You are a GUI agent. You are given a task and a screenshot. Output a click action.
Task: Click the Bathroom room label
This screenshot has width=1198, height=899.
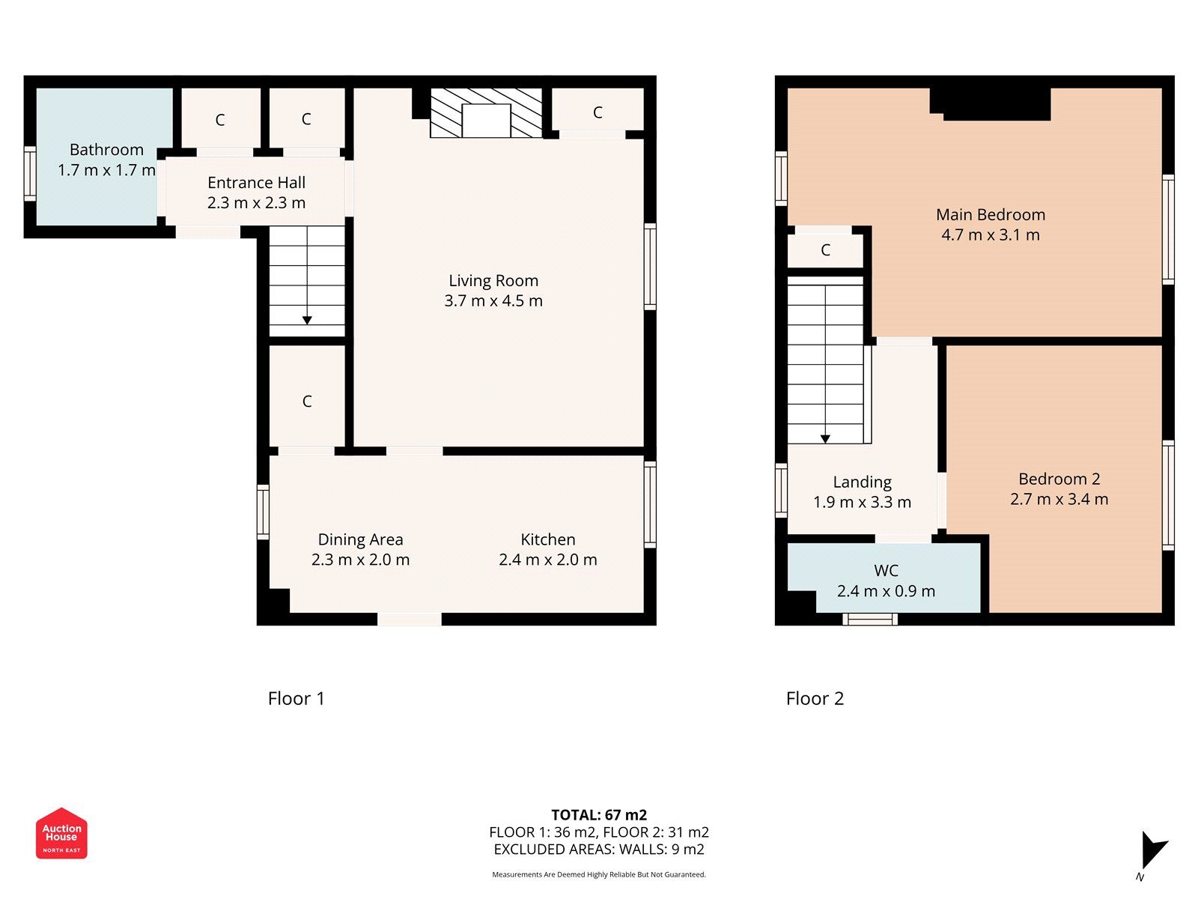click(x=106, y=150)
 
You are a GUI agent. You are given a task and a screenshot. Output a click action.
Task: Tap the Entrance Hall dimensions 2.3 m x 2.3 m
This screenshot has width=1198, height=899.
click(x=256, y=203)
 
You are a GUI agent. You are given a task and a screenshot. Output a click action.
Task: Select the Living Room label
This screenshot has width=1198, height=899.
click(x=493, y=281)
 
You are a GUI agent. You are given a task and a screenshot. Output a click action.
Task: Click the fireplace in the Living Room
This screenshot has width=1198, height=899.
click(x=486, y=113)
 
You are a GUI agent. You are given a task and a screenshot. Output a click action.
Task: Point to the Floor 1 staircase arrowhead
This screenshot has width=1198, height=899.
click(x=307, y=320)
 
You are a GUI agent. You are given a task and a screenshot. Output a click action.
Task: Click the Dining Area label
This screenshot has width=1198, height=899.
click(x=360, y=539)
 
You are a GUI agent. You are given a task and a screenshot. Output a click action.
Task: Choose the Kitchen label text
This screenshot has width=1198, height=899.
click(x=548, y=539)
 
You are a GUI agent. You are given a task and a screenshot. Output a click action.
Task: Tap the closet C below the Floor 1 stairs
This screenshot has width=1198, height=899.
click(x=307, y=402)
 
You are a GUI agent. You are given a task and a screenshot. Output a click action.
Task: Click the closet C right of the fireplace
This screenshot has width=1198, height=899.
click(x=598, y=112)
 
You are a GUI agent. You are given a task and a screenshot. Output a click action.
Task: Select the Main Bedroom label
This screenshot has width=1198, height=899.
click(x=990, y=215)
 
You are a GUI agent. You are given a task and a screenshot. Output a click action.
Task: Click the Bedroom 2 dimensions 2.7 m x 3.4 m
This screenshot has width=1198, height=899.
click(x=1059, y=500)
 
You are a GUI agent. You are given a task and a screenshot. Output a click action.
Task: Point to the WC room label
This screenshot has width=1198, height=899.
click(x=886, y=571)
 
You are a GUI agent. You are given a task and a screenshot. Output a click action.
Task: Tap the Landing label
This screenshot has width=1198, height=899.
click(x=862, y=482)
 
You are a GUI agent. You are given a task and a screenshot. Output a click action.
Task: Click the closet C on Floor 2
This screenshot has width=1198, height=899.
click(x=825, y=250)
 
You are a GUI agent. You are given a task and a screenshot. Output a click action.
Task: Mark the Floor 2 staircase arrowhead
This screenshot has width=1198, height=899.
click(x=825, y=439)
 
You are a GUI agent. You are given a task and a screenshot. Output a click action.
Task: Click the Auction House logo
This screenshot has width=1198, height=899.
click(x=61, y=833)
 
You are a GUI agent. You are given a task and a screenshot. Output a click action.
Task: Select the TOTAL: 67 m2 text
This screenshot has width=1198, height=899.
click(x=599, y=815)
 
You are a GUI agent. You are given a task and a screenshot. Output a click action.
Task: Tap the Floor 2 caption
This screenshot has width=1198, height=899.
click(x=815, y=699)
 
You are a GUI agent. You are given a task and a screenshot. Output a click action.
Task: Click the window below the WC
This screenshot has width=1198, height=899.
click(x=870, y=619)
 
